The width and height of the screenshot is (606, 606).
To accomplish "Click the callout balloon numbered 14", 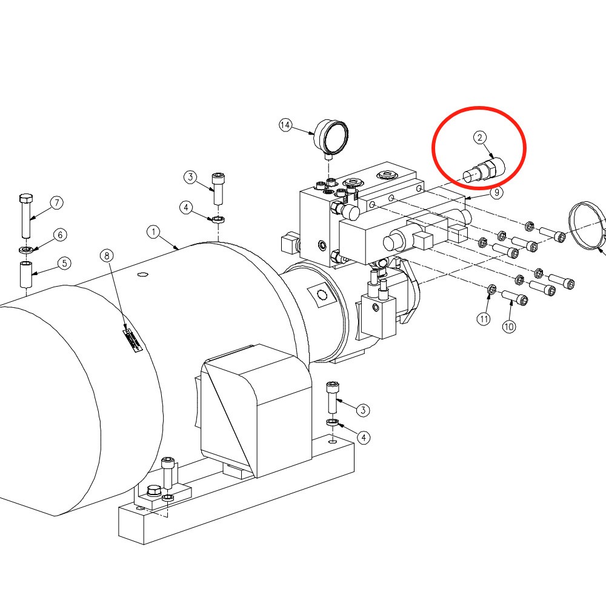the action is click(x=285, y=125).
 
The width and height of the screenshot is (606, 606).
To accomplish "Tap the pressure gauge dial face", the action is click(x=336, y=137).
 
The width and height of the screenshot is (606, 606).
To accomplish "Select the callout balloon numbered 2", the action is click(x=480, y=137).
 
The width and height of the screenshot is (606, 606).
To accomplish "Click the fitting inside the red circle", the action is click(x=484, y=170).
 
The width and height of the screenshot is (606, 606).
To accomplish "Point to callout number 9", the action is click(x=497, y=192).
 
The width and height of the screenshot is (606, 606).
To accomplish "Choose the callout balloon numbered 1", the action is click(x=153, y=231).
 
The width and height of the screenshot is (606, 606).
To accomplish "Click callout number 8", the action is click(x=107, y=256).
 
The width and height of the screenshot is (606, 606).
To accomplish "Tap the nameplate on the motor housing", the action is click(x=133, y=340).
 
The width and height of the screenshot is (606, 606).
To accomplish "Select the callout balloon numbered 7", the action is click(x=57, y=202).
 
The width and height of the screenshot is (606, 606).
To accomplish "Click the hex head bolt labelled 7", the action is click(x=26, y=216).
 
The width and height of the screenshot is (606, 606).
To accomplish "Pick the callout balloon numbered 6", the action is click(x=60, y=235).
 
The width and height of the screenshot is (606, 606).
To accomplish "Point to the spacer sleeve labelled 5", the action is click(x=26, y=275).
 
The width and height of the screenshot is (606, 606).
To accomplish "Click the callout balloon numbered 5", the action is click(x=65, y=263).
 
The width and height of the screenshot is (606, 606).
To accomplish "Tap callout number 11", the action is click(x=484, y=319).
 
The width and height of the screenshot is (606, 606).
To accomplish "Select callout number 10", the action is click(x=508, y=327).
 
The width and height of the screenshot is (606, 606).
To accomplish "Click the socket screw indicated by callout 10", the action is click(x=514, y=298).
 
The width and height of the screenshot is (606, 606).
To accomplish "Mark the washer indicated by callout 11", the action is click(x=491, y=288).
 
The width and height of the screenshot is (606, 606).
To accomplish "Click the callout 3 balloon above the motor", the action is click(x=190, y=178).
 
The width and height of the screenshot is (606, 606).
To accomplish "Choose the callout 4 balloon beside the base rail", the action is click(x=363, y=438).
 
